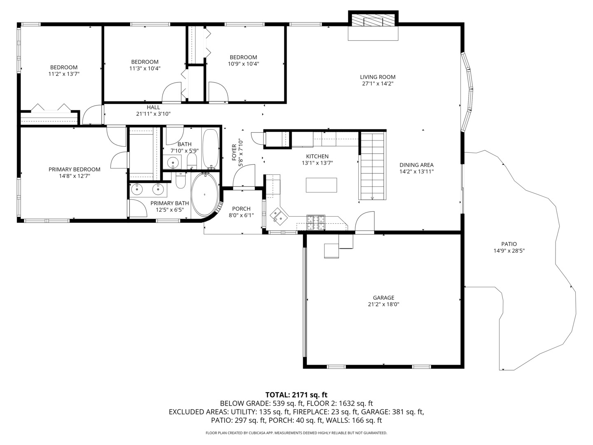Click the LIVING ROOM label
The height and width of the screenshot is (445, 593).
pyautogui.click(x=378, y=77)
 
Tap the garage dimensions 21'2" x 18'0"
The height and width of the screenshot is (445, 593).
pyautogui.click(x=383, y=304)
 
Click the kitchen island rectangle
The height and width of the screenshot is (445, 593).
pyautogui.click(x=321, y=185)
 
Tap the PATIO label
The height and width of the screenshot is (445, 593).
pyautogui.click(x=509, y=244)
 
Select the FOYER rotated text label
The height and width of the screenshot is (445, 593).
pyautogui.click(x=234, y=152)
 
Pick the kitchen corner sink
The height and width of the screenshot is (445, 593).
pyautogui.click(x=276, y=215)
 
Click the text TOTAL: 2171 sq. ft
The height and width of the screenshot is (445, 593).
pyautogui.click(x=296, y=395)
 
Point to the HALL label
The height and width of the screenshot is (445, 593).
pyautogui.click(x=153, y=108)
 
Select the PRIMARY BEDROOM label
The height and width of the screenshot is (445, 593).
pyautogui.click(x=75, y=169)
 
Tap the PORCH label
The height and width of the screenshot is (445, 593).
pyautogui.click(x=241, y=209)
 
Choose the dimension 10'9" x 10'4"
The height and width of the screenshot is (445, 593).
pyautogui.click(x=243, y=64)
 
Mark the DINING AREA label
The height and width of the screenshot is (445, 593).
pyautogui.click(x=416, y=165)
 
